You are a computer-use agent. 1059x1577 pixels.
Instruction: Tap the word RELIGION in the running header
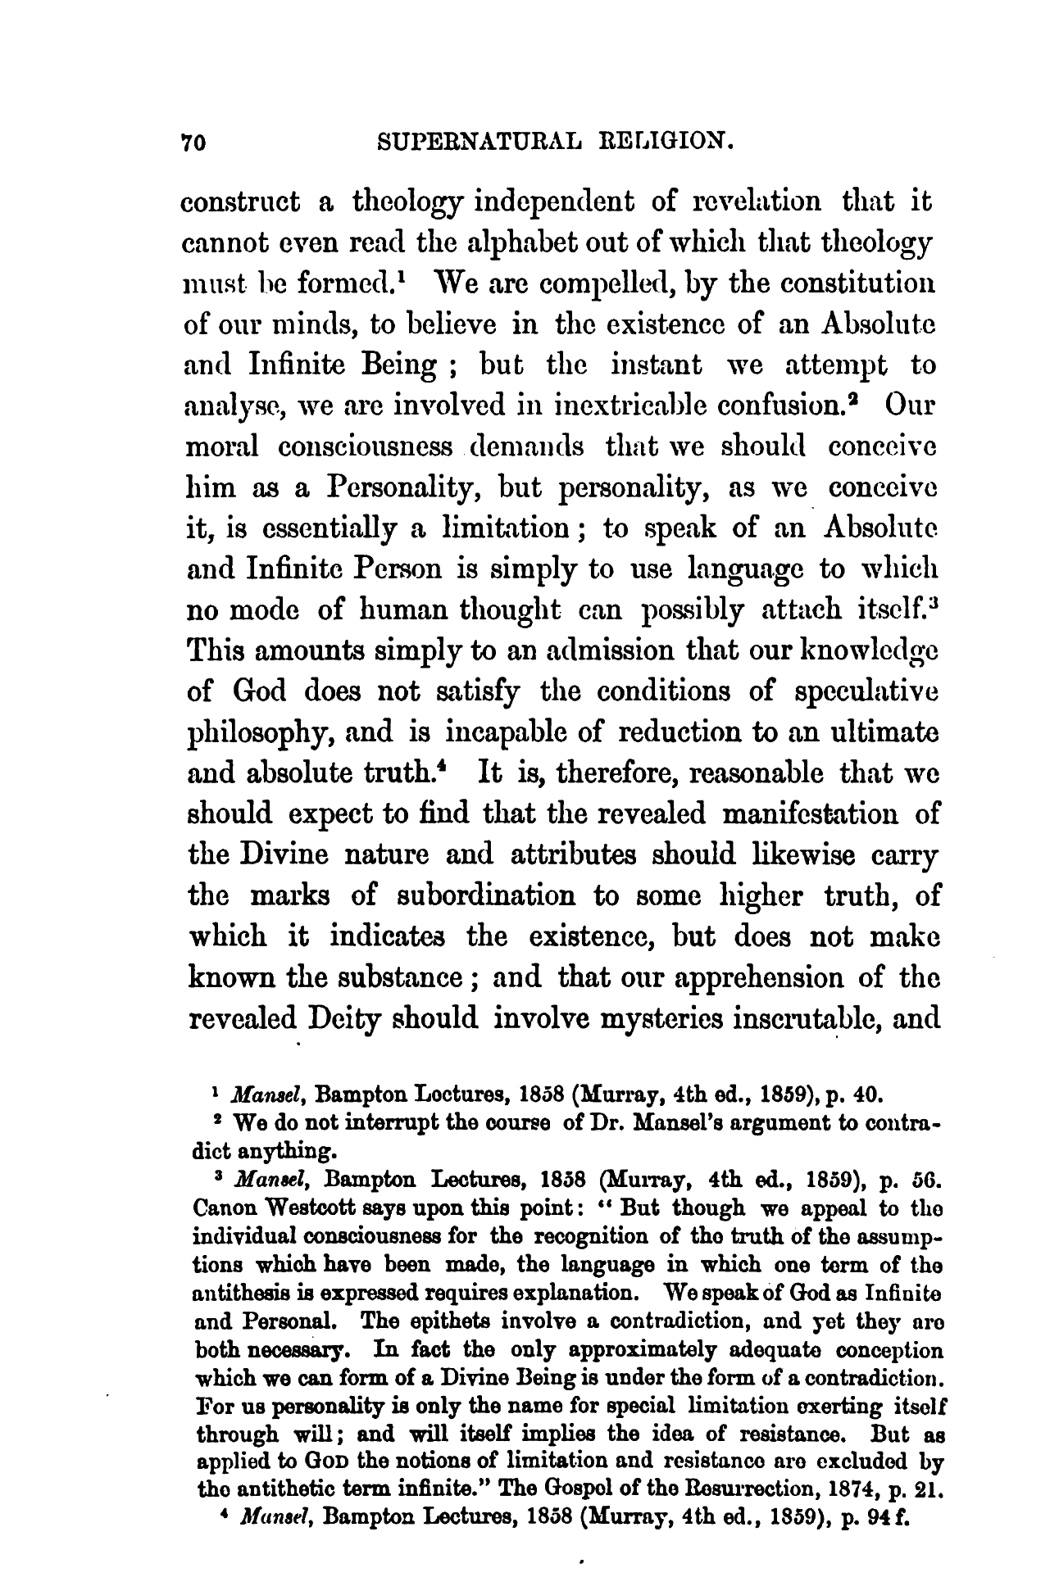pyautogui.click(x=670, y=142)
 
